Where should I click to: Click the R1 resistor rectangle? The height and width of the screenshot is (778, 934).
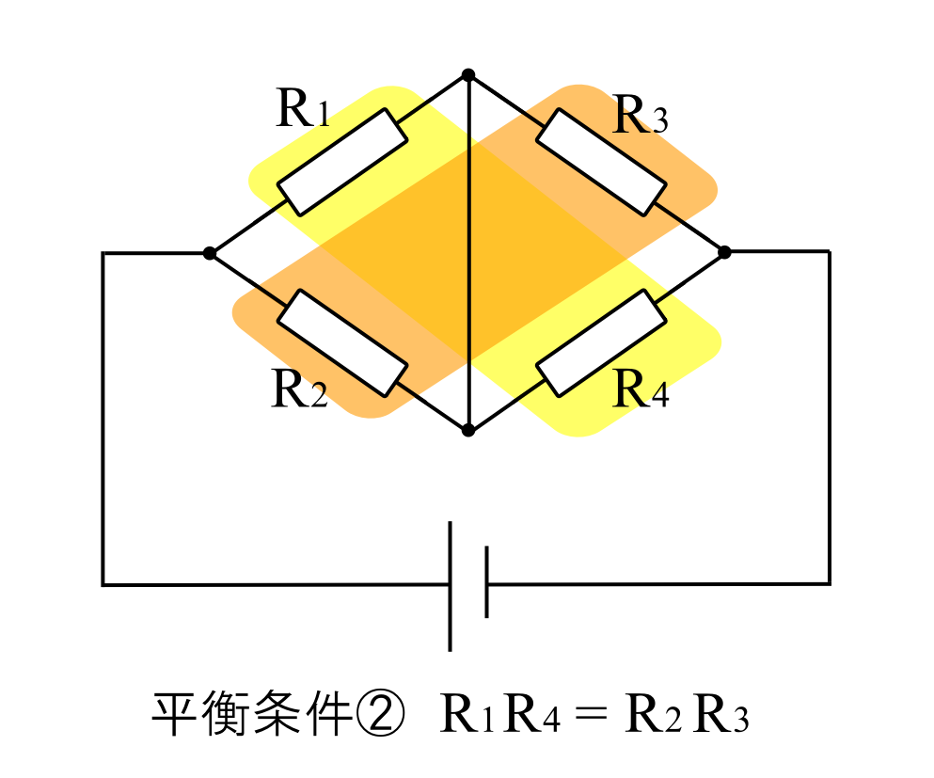(x=343, y=162)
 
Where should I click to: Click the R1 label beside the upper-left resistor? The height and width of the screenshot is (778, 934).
(x=303, y=109)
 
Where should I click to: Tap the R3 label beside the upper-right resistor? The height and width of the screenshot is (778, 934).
(x=640, y=116)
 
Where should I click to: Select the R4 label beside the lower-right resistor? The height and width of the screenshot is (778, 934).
(x=641, y=389)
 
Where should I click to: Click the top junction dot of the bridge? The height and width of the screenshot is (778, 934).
(x=468, y=75)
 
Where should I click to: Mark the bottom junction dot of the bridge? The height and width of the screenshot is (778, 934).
(x=468, y=430)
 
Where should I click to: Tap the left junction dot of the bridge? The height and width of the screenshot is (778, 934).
(x=210, y=253)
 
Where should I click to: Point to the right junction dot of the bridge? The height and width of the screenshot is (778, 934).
(x=724, y=252)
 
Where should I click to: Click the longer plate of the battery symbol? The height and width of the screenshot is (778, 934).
(x=451, y=585)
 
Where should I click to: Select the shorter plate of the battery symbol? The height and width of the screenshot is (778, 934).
(x=486, y=583)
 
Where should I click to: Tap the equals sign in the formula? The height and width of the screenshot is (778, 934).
(x=594, y=718)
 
